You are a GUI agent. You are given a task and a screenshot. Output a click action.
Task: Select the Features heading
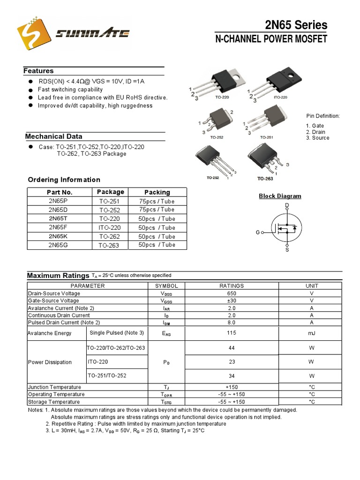point(38,71)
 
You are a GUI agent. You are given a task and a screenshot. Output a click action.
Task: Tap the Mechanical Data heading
point(53,136)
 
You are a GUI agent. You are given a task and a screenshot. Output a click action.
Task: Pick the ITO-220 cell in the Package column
point(110,227)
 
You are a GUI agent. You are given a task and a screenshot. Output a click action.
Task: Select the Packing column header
point(157,192)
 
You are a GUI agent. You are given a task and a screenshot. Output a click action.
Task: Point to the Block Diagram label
point(280,196)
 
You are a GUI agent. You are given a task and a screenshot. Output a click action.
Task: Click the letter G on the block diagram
point(257,232)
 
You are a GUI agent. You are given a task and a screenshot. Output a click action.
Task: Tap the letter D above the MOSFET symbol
point(287,206)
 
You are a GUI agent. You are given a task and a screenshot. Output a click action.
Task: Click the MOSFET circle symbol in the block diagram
point(286,228)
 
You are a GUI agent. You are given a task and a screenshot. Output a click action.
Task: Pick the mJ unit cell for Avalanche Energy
point(312,333)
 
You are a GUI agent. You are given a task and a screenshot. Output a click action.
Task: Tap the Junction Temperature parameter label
point(54,387)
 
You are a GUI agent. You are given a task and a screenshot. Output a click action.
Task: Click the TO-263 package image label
point(265,179)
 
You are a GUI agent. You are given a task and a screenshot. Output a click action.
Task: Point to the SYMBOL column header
point(166,285)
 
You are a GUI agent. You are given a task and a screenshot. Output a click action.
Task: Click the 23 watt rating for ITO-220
point(232,362)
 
